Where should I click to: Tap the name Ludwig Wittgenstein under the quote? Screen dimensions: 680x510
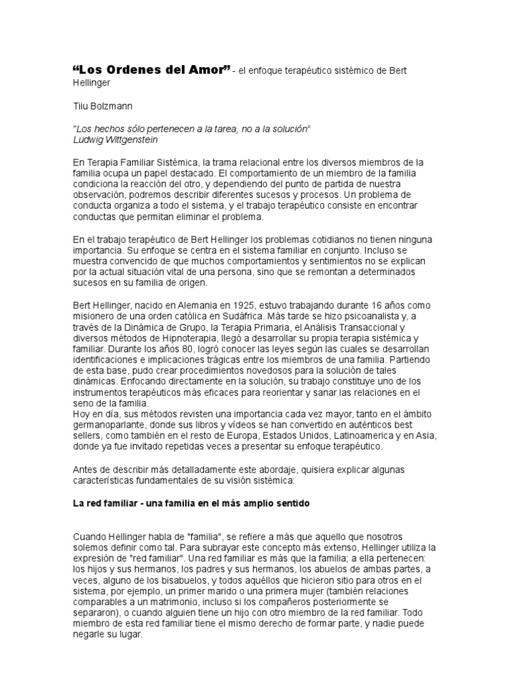118,139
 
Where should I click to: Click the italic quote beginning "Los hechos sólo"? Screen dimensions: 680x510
191,128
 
